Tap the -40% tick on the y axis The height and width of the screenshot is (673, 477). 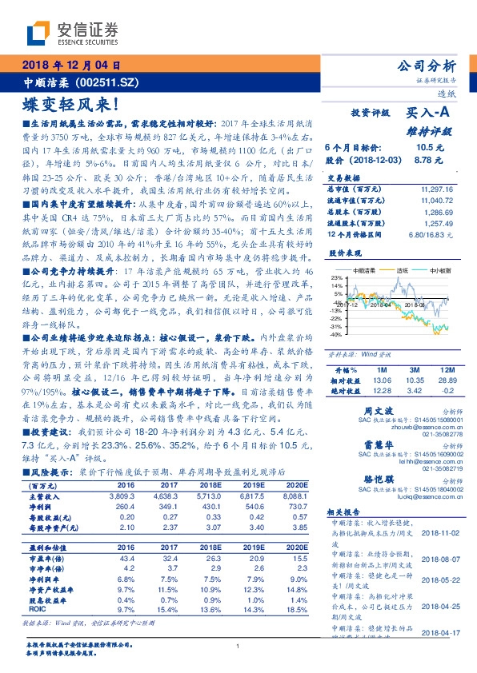337,335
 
